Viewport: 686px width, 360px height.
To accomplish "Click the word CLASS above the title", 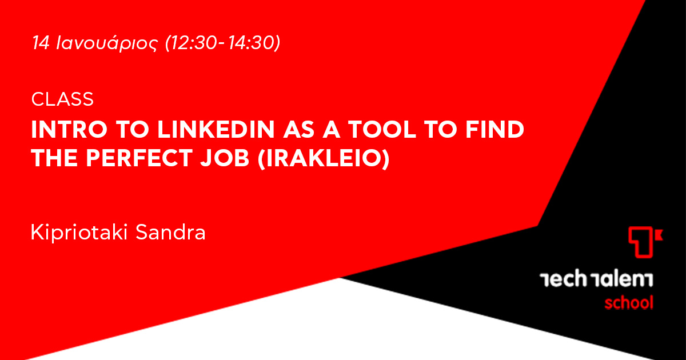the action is pyautogui.click(x=62, y=99).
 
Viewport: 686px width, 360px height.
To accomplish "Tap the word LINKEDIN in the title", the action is pyautogui.click(x=216, y=130).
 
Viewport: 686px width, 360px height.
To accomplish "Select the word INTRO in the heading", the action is pyautogui.click(x=70, y=130).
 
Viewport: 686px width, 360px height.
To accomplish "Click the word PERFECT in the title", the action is pyautogui.click(x=139, y=158).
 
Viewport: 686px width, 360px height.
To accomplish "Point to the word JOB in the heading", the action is pyautogui.click(x=225, y=158).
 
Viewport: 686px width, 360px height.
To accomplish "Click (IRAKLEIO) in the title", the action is pyautogui.click(x=324, y=159).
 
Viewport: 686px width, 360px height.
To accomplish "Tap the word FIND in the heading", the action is pyautogui.click(x=494, y=130).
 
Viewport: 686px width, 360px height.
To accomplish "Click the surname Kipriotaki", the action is pyautogui.click(x=79, y=233).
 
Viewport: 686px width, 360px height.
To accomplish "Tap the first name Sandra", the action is pyautogui.click(x=170, y=233).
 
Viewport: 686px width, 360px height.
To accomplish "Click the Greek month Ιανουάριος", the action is pyautogui.click(x=107, y=43).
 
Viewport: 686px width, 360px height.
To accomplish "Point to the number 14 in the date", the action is pyautogui.click(x=41, y=42).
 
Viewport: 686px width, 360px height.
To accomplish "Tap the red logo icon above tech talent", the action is pyautogui.click(x=645, y=242).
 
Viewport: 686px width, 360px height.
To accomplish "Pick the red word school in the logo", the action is pyautogui.click(x=629, y=302).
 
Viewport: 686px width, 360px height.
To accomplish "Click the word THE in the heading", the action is pyautogui.click(x=54, y=158).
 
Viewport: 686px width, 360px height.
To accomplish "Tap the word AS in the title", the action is pyautogui.click(x=298, y=130).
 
